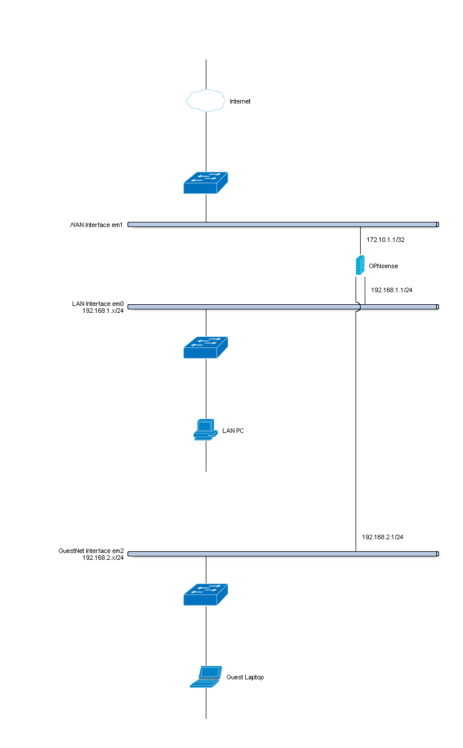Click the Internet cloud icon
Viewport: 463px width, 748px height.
click(x=205, y=101)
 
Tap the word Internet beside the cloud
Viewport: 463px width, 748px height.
click(x=240, y=102)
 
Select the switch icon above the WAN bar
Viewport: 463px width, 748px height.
click(x=205, y=182)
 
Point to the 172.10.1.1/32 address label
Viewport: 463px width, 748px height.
click(x=385, y=240)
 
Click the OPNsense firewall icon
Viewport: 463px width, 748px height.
click(x=360, y=265)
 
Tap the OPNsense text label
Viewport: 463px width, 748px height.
click(x=384, y=266)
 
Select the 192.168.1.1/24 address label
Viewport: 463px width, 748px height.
click(x=392, y=291)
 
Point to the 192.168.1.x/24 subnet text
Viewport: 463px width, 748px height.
click(x=103, y=311)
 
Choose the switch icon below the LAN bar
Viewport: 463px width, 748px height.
click(x=205, y=347)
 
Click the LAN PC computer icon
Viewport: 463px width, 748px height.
click(x=205, y=429)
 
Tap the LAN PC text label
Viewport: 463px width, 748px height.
click(x=233, y=431)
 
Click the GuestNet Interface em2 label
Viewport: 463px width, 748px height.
click(x=91, y=551)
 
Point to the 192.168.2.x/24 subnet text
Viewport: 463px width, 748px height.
click(x=103, y=558)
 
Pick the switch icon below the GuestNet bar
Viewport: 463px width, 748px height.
click(x=205, y=594)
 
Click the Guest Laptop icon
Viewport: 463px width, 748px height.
click(x=205, y=677)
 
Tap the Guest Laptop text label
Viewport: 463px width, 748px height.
click(x=245, y=678)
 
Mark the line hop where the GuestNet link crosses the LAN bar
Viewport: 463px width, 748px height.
click(x=357, y=307)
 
